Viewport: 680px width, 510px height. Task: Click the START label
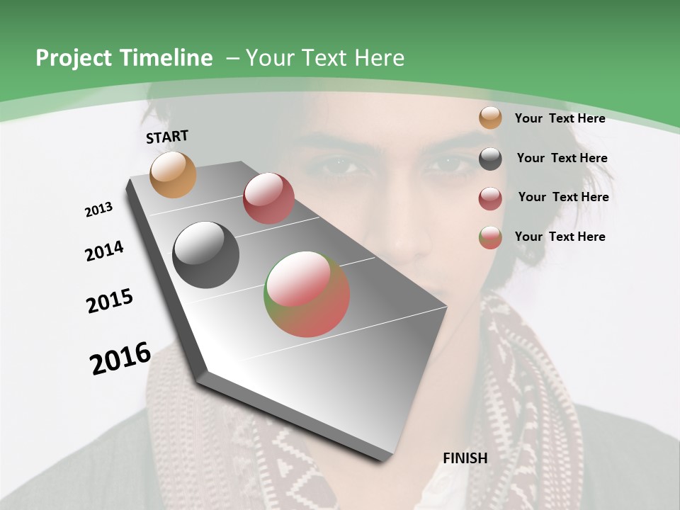pos(167,137)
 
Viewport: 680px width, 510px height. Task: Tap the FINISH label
pos(465,458)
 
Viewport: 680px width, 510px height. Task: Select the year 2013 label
pos(99,210)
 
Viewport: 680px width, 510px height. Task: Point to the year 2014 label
pos(105,251)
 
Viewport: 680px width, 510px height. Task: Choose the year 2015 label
pos(110,300)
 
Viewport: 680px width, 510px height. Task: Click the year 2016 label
pos(120,358)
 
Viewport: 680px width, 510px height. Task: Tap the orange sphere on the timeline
pos(174,174)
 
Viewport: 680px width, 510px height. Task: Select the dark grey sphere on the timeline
pos(205,255)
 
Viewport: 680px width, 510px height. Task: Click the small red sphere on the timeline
pos(268,198)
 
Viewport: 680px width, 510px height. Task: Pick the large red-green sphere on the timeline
pos(307,294)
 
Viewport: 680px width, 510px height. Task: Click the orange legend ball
pos(490,118)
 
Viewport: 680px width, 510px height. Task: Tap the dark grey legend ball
pos(490,159)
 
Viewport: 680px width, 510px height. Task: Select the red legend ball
pos(490,198)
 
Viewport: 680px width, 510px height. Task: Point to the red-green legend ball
pos(490,237)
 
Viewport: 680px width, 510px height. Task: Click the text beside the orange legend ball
pos(560,118)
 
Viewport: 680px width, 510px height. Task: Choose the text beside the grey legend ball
pos(562,158)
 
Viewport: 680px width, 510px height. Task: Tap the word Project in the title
pos(74,58)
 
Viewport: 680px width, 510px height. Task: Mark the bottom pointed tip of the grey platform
pos(383,460)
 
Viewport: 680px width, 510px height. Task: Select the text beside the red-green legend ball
pos(560,237)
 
